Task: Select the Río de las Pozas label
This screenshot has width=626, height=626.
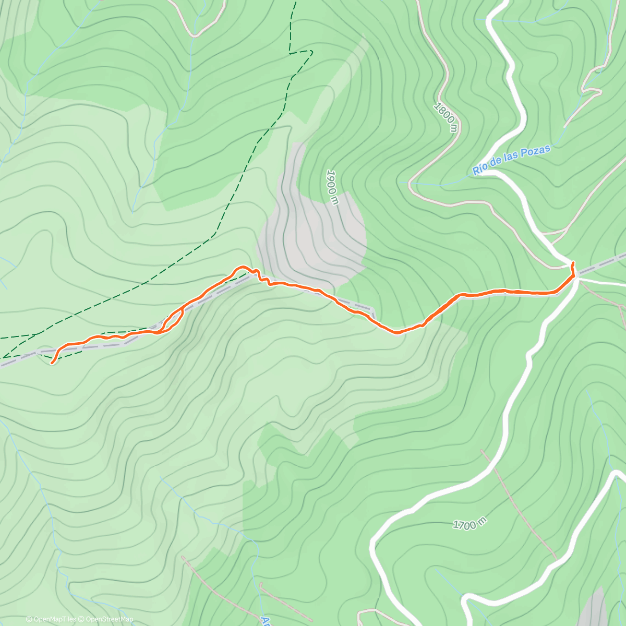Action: [x=511, y=160]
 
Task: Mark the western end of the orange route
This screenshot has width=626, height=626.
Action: [x=53, y=360]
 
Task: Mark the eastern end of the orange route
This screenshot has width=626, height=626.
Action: [x=573, y=263]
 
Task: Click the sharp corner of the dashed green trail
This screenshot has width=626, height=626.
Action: [x=311, y=51]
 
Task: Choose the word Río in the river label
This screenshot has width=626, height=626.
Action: [x=480, y=170]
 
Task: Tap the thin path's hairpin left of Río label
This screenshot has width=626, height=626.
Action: [x=411, y=184]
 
